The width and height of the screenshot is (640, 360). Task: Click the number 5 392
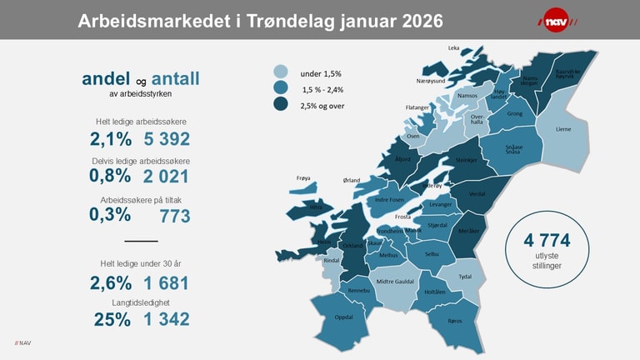point(167,139)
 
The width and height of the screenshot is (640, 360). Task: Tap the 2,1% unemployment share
point(111,139)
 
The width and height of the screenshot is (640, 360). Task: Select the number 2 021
point(167,176)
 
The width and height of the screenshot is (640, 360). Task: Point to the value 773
point(175,216)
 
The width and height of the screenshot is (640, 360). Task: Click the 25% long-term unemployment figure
point(112,319)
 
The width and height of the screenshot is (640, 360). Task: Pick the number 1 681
point(167,283)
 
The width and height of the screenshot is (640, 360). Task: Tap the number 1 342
point(167,319)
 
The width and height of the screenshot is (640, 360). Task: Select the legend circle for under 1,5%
point(281,72)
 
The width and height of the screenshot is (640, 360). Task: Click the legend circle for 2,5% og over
point(281,105)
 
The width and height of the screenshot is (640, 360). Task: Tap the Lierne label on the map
point(563,129)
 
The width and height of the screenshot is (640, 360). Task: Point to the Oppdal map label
point(343,317)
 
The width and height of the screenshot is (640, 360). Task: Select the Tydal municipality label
point(466,277)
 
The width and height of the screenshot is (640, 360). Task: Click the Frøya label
point(303,177)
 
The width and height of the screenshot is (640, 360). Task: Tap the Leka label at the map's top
point(453,48)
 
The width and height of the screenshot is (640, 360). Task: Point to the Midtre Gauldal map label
point(396,282)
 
